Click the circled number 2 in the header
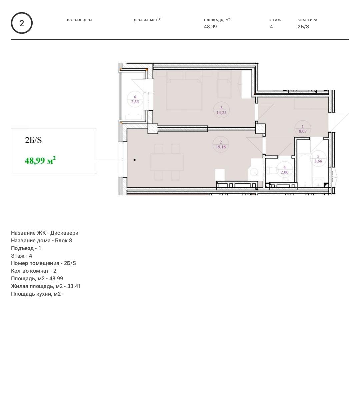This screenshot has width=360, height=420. [22, 23]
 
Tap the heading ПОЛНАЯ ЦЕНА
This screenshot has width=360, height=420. [79, 20]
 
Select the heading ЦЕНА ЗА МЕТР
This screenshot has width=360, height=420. [146, 20]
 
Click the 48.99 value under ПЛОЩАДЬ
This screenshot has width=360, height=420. [210, 27]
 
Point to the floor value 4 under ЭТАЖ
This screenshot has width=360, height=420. [271, 27]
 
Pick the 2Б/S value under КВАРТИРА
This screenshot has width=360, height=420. [303, 27]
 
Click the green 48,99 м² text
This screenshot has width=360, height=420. [40, 160]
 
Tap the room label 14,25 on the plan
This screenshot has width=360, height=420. [221, 113]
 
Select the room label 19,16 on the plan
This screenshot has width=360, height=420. [221, 147]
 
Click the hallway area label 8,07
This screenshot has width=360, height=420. [303, 131]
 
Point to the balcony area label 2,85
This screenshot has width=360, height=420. [135, 102]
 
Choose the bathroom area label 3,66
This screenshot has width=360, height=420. [318, 161]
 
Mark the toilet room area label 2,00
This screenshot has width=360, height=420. [285, 172]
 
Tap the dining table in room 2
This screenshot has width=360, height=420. [167, 162]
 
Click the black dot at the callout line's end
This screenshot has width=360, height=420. [134, 160]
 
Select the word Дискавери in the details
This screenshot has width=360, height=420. [64, 233]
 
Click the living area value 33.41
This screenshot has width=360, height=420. [74, 286]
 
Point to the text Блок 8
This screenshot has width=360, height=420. [63, 241]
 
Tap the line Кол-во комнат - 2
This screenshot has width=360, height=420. [34, 271]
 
